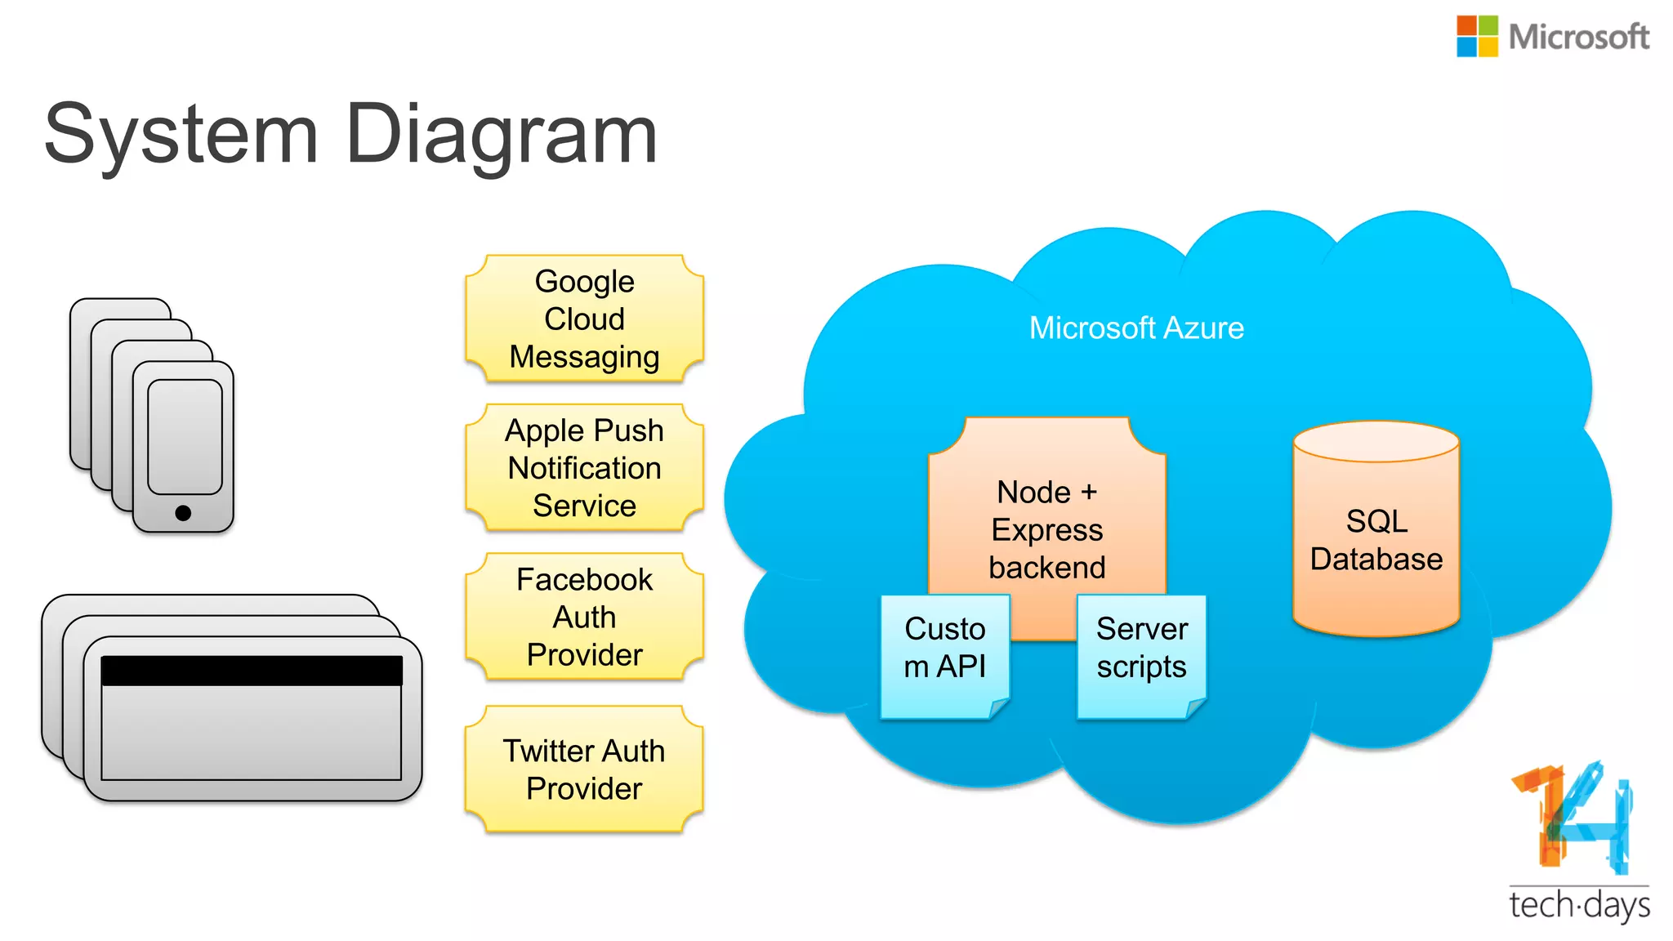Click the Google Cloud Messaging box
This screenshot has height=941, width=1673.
pos(584,319)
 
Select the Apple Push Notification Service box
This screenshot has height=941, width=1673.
pos(584,467)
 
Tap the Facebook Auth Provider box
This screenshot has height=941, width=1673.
pos(584,617)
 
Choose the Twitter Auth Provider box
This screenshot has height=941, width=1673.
pos(584,769)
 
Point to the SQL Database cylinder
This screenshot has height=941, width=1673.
pos(1376,539)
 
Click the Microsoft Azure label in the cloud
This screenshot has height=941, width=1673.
pos(1135,328)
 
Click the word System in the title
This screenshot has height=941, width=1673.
pos(181,135)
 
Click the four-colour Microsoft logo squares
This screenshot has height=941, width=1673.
pos(1477,37)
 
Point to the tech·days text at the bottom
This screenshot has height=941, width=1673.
pos(1578,905)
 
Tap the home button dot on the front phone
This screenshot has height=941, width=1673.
pos(183,513)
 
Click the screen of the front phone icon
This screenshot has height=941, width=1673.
pos(185,437)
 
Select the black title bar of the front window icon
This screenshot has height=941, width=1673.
pos(252,671)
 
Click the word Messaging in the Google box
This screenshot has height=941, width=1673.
pos(584,357)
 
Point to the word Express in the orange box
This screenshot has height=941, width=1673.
pos(1046,530)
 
